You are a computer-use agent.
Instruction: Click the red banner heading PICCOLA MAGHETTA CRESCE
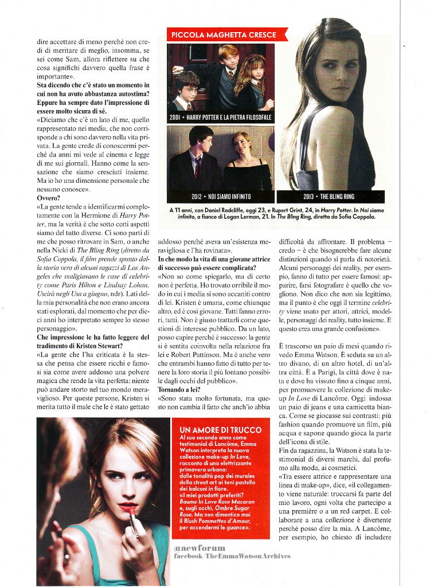[224, 35]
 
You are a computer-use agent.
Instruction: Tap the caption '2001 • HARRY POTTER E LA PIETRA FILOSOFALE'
[221, 117]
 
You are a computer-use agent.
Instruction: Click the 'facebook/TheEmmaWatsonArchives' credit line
[232, 556]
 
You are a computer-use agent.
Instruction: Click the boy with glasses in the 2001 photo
[187, 89]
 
